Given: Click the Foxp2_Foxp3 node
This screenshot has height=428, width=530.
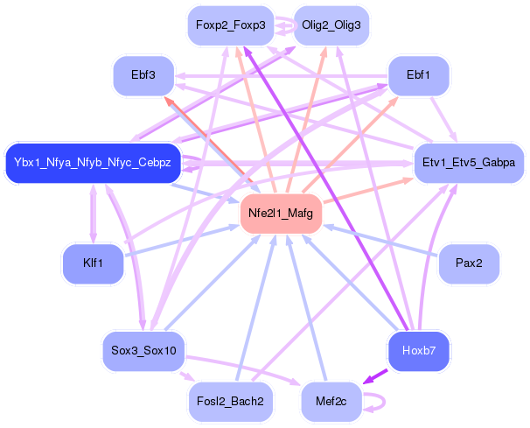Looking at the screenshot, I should pyautogui.click(x=230, y=25).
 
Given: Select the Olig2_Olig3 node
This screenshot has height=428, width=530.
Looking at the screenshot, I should pyautogui.click(x=331, y=25).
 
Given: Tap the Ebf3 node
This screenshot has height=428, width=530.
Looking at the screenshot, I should pyautogui.click(x=145, y=75).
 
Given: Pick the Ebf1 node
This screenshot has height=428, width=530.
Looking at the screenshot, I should pyautogui.click(x=418, y=75).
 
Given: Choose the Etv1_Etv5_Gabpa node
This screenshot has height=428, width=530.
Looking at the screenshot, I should pyautogui.click(x=468, y=163).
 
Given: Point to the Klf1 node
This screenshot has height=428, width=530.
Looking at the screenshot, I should pyautogui.click(x=93, y=263).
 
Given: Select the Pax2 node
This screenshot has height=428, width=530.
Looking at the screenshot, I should pyautogui.click(x=468, y=263).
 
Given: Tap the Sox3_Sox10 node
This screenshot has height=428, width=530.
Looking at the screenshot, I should pyautogui.click(x=143, y=350).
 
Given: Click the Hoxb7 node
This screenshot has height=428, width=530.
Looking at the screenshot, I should pyautogui.click(x=418, y=350).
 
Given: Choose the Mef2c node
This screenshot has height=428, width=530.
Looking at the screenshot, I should pyautogui.click(x=331, y=401).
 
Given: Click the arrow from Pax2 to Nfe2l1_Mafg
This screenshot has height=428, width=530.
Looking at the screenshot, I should pyautogui.click(x=385, y=238).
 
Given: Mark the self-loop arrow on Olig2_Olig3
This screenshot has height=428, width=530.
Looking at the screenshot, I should pyautogui.click(x=284, y=26).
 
